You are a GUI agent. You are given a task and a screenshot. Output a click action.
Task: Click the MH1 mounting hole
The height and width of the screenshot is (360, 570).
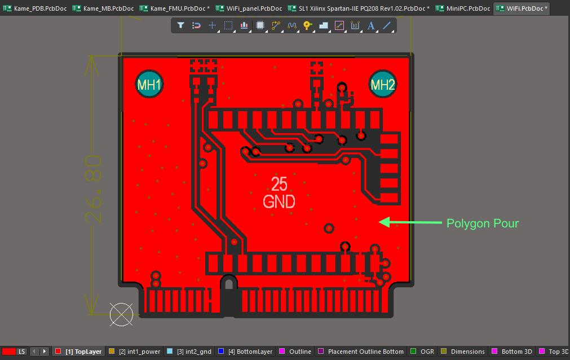(x=149, y=85)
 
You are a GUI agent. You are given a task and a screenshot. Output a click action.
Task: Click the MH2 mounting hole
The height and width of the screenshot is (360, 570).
(x=383, y=85)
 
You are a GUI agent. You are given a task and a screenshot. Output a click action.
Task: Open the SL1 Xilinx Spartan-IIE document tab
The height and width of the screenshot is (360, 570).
(x=359, y=8)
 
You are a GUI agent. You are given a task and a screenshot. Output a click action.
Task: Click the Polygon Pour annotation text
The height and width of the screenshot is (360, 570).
(x=482, y=223)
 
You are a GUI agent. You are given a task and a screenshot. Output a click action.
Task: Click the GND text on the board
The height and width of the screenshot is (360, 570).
(x=279, y=201)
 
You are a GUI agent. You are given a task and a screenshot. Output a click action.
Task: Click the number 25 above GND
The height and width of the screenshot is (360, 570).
(x=279, y=184)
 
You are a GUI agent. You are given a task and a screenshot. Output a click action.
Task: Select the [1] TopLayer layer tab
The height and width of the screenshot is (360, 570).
(x=78, y=352)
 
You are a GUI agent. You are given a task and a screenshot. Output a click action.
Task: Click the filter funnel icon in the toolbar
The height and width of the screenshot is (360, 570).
(x=181, y=25)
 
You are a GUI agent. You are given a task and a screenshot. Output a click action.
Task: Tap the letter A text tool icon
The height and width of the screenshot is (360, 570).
(x=371, y=25)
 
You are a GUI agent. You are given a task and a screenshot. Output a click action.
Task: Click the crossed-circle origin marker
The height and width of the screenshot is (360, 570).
(x=121, y=314)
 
